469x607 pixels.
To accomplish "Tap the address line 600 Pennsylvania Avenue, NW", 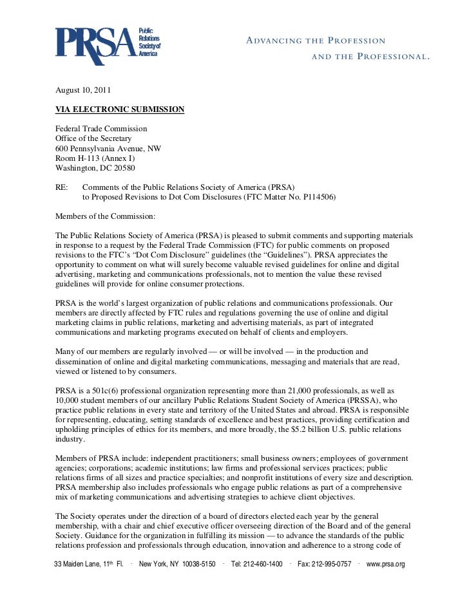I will click(x=108, y=149).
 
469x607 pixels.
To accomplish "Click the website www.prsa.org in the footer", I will click(x=385, y=565).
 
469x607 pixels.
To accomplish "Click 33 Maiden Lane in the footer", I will click(x=77, y=565).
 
